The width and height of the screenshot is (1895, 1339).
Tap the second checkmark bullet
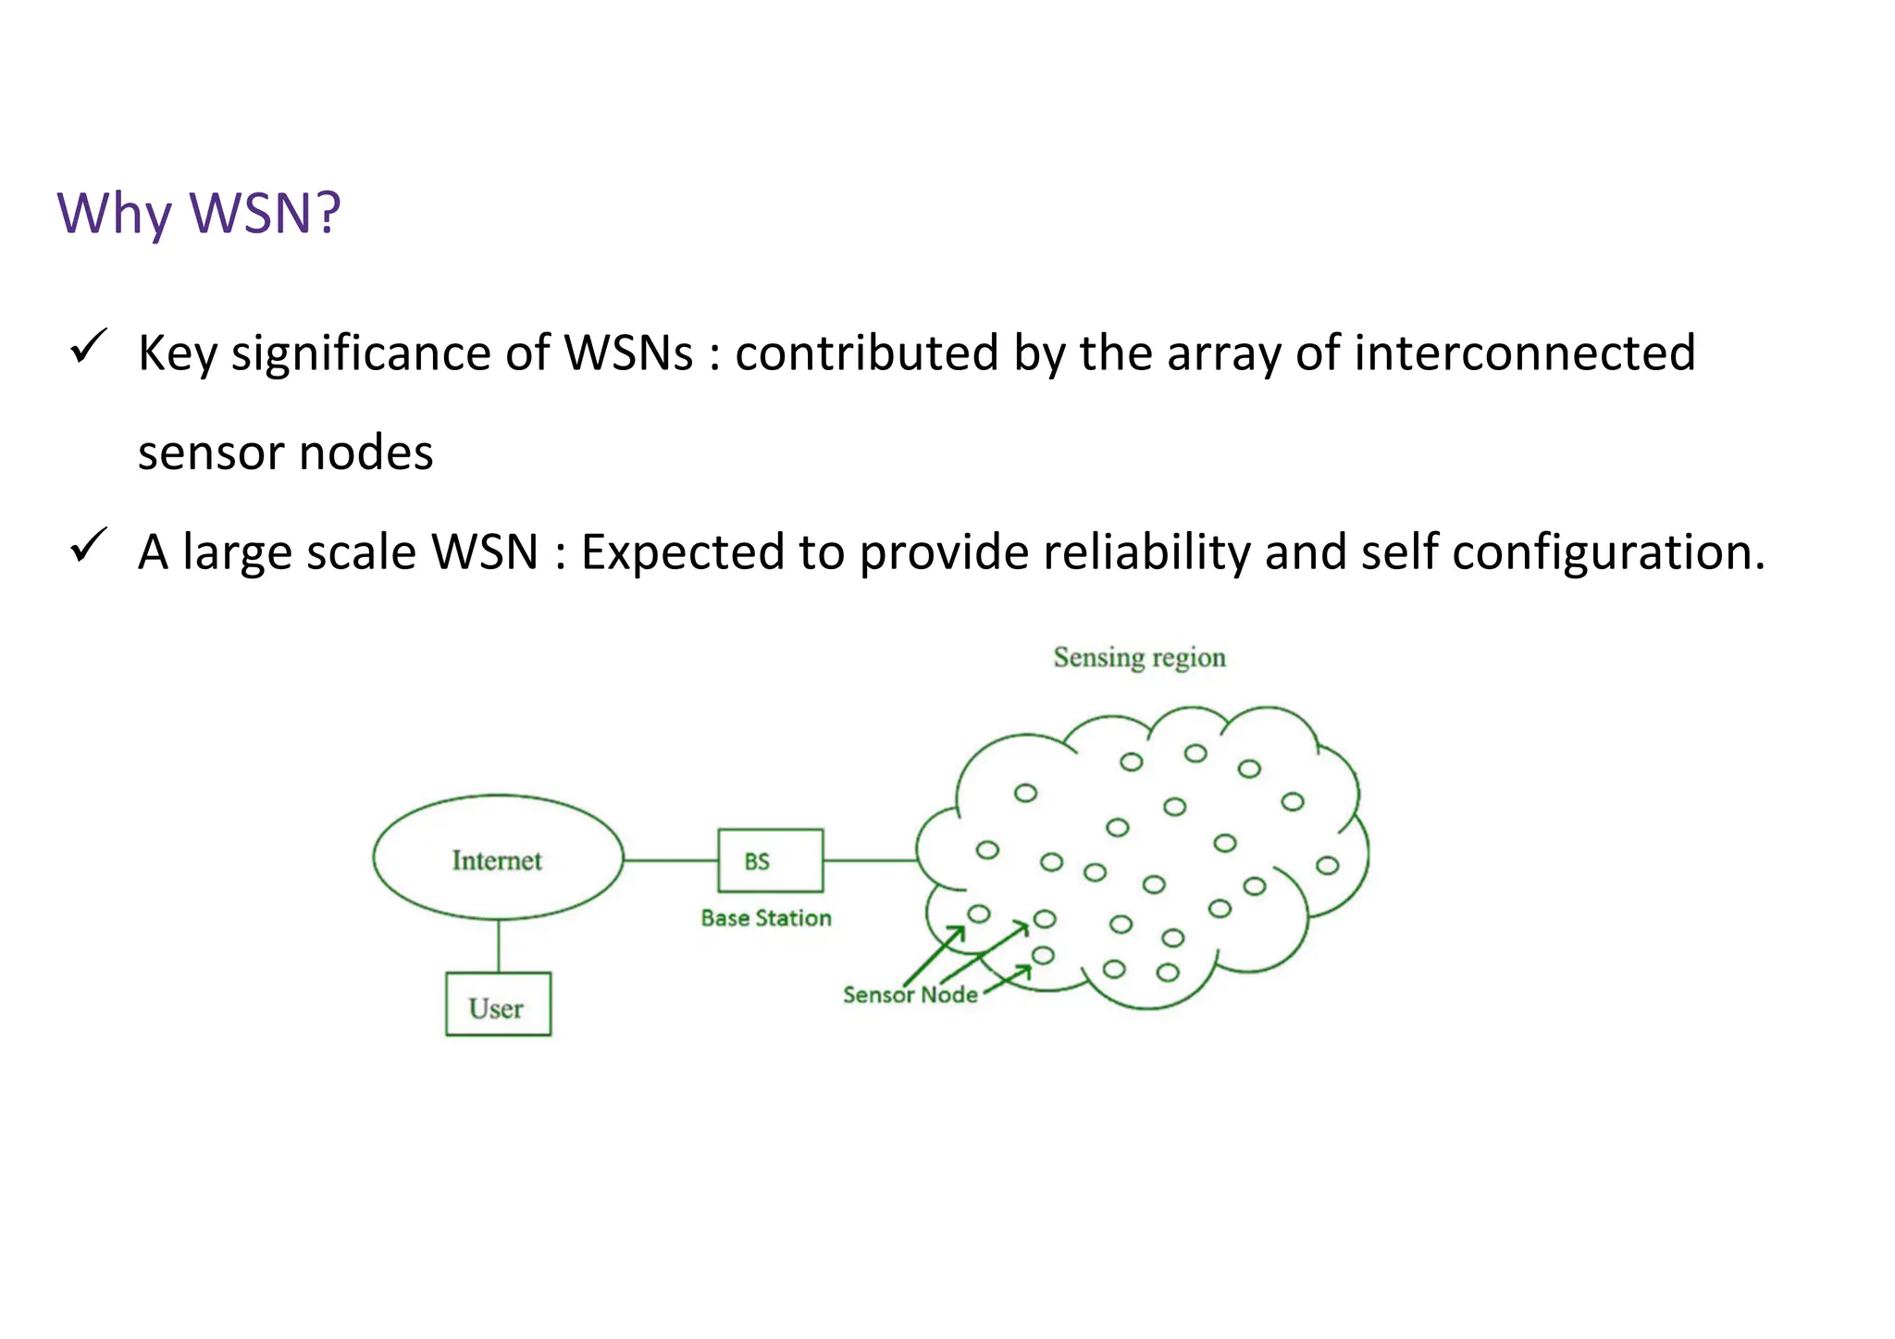[89, 545]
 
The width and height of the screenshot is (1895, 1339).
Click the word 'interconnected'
[1524, 353]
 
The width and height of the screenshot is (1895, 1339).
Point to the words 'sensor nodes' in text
[285, 453]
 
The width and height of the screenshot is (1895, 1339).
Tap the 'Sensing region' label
[1139, 658]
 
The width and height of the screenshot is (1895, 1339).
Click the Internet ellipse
[498, 859]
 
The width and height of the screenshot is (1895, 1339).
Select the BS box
[770, 861]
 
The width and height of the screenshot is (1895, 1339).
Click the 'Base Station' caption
[766, 918]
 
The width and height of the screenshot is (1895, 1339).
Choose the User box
[498, 1005]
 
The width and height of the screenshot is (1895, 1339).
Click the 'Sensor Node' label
[910, 995]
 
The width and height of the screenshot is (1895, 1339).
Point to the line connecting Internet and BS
[671, 861]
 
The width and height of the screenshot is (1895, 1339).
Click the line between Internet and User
[499, 946]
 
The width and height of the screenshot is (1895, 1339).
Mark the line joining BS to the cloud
[870, 861]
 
